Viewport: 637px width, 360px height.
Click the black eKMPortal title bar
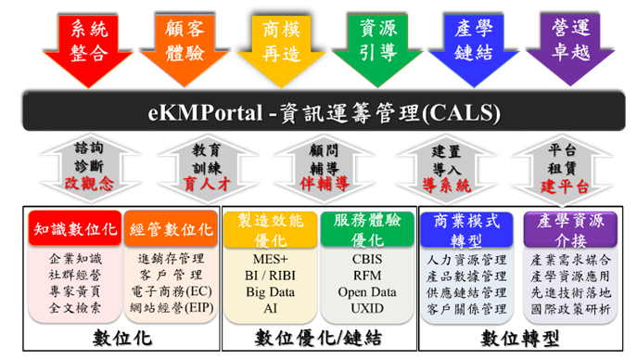click(318, 114)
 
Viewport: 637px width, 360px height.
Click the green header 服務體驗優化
click(366, 229)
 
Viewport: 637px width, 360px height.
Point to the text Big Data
click(269, 291)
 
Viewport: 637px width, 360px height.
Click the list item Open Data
click(367, 291)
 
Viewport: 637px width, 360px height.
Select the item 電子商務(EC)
click(170, 291)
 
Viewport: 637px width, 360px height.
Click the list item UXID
click(367, 307)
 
